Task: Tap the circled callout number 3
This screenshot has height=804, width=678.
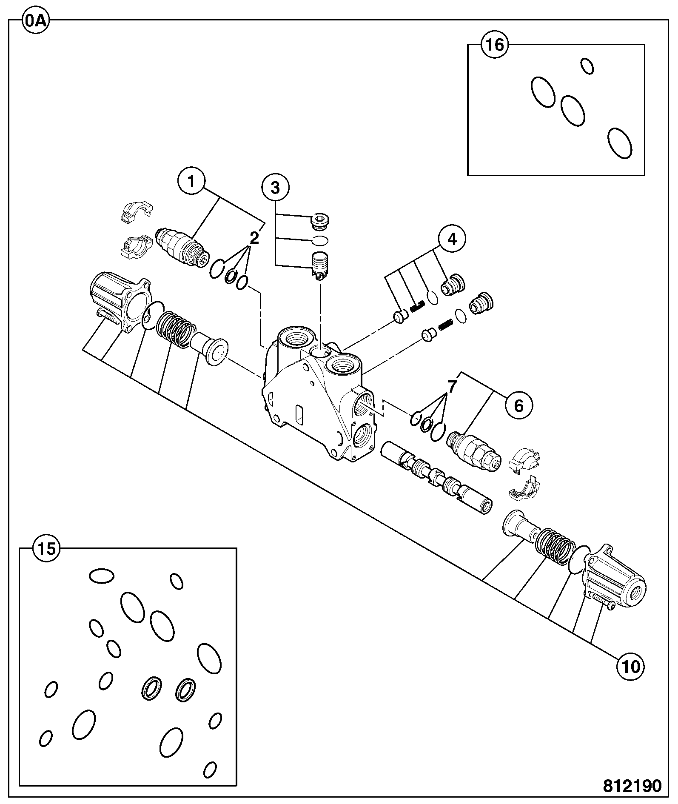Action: pos(275,187)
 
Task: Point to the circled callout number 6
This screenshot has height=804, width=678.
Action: pos(519,405)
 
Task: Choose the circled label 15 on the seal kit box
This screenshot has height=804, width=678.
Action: pos(47,549)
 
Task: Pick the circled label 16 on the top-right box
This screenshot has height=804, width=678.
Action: pos(495,45)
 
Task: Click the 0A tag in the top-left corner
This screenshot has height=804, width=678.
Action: pos(35,20)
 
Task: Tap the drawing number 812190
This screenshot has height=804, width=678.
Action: pos(632,786)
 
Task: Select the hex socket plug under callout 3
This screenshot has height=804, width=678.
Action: pos(321,221)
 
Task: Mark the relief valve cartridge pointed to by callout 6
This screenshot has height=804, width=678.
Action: pos(473,452)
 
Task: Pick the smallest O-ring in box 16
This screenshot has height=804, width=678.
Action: pos(587,66)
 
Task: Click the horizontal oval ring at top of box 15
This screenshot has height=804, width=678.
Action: pos(102,576)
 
